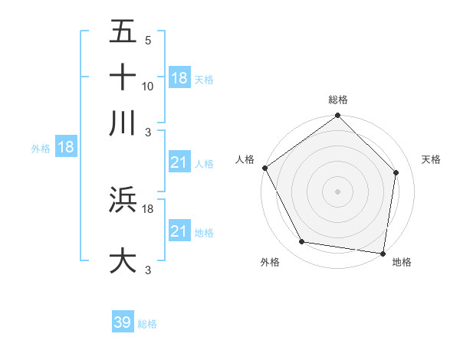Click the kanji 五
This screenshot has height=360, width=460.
click(x=123, y=31)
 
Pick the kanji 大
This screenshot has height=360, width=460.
click(x=123, y=260)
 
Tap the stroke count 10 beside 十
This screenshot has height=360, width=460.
click(x=148, y=87)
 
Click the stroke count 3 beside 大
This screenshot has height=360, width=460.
click(x=149, y=270)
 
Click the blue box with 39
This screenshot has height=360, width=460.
click(x=122, y=322)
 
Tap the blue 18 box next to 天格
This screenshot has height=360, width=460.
click(x=179, y=78)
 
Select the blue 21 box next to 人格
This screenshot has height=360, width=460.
click(x=179, y=162)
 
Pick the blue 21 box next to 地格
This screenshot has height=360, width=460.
click(x=179, y=231)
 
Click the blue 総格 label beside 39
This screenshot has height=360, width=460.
click(x=147, y=324)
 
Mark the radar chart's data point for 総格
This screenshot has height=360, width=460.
click(x=337, y=116)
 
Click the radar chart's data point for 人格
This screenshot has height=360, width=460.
click(x=264, y=168)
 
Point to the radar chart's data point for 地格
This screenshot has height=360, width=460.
click(x=383, y=253)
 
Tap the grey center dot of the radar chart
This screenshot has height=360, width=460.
click(x=337, y=191)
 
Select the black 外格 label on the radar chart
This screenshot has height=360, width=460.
click(x=270, y=262)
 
